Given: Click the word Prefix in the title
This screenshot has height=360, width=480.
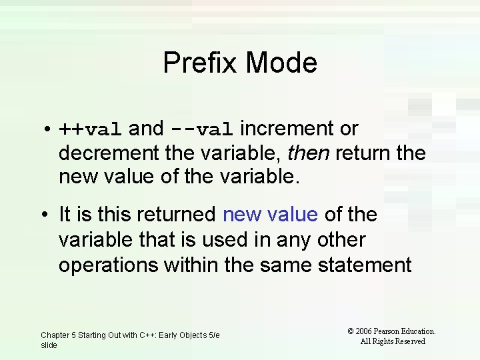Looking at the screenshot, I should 200,63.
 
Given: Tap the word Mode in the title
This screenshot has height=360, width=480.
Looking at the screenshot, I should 281,63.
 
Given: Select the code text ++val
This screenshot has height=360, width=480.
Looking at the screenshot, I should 90,129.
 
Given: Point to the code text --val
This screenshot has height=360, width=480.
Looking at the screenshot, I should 201,129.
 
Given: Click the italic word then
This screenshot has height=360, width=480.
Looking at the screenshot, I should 308,153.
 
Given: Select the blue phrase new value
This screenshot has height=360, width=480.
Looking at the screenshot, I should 270,215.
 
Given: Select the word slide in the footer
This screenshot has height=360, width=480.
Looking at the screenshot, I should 49,345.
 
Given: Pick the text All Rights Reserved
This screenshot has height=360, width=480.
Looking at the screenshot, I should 392,341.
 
